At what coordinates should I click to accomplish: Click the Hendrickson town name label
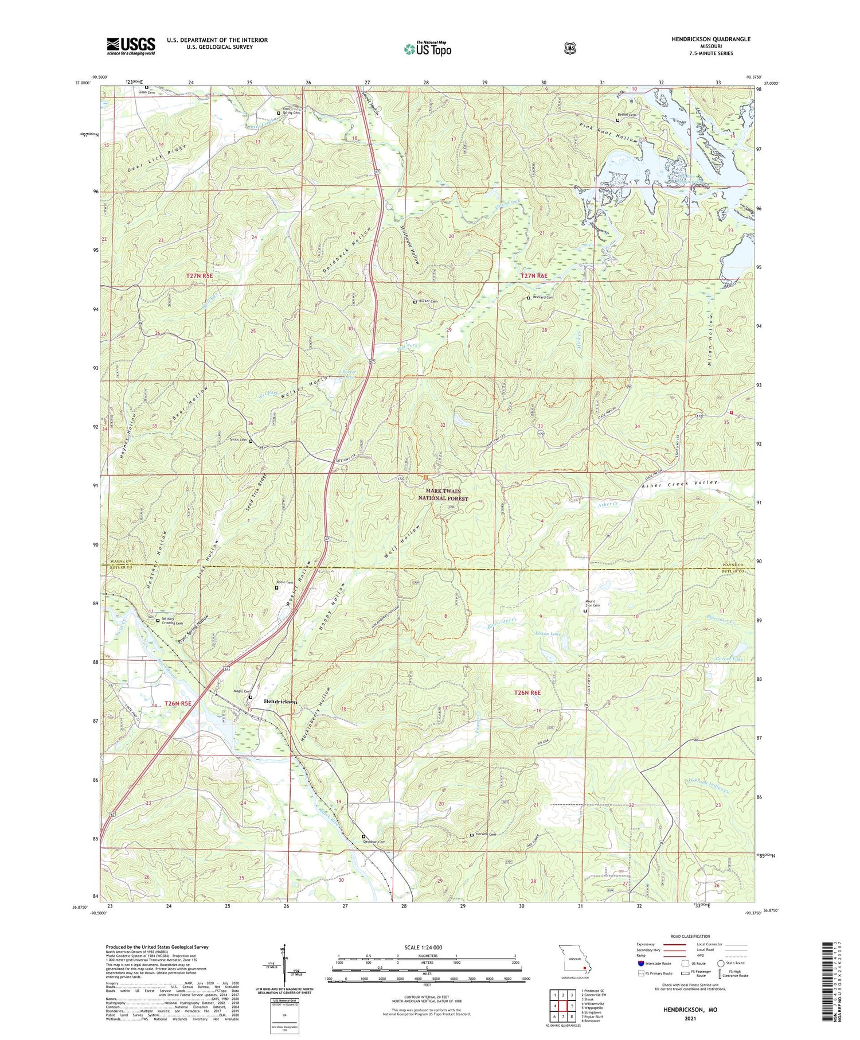tap(280, 702)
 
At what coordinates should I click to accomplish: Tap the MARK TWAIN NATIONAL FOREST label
tap(447, 495)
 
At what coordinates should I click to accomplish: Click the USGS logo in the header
tap(131, 46)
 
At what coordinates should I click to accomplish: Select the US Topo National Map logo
tap(427, 49)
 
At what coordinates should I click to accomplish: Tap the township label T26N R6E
tap(527, 693)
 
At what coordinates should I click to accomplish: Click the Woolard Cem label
tap(542, 298)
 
